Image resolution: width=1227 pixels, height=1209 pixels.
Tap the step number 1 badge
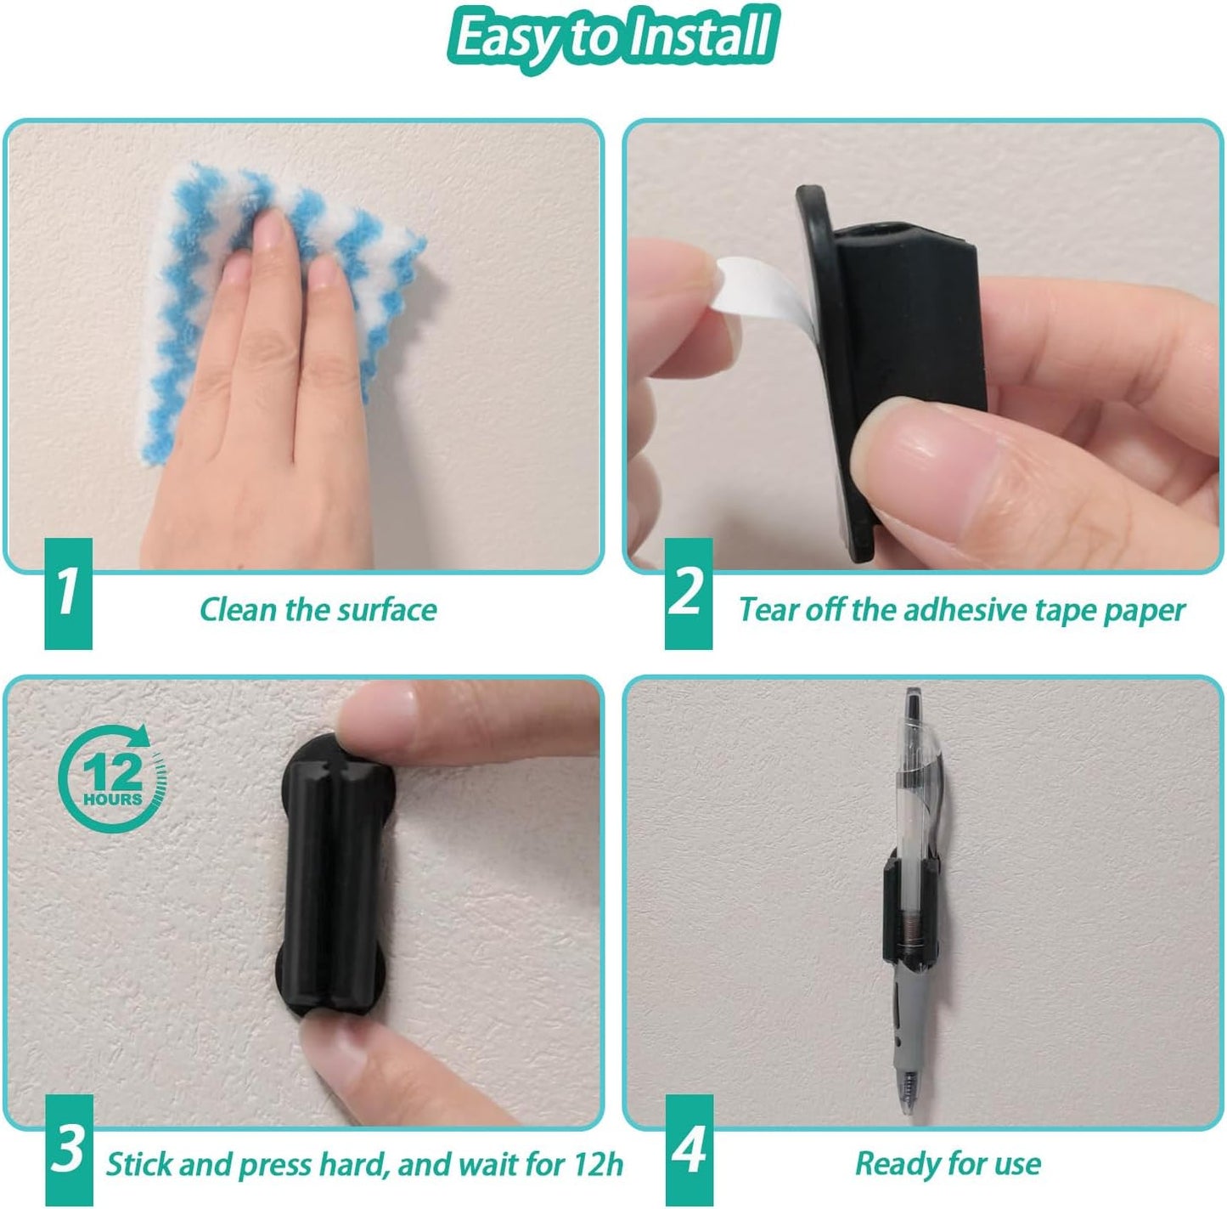click(68, 592)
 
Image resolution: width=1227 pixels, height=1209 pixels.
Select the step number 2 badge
click(688, 592)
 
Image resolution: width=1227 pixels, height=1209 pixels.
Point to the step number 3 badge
click(68, 1150)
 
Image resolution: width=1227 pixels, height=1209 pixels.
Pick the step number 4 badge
click(689, 1150)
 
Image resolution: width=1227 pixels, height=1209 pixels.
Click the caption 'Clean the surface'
click(318, 610)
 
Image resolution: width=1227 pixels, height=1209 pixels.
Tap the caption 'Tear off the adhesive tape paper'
click(961, 610)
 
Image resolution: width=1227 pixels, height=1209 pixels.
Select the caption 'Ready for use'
click(948, 1163)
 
